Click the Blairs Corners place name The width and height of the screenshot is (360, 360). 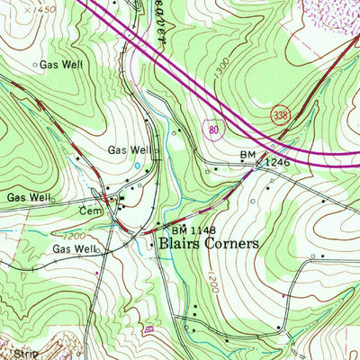coord(209,243)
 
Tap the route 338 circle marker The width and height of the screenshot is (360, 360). coord(280,114)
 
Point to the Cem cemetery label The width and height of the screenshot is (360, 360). coord(87,210)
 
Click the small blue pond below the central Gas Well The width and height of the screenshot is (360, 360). coord(137,166)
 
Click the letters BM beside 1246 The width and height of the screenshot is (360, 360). coord(247,156)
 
